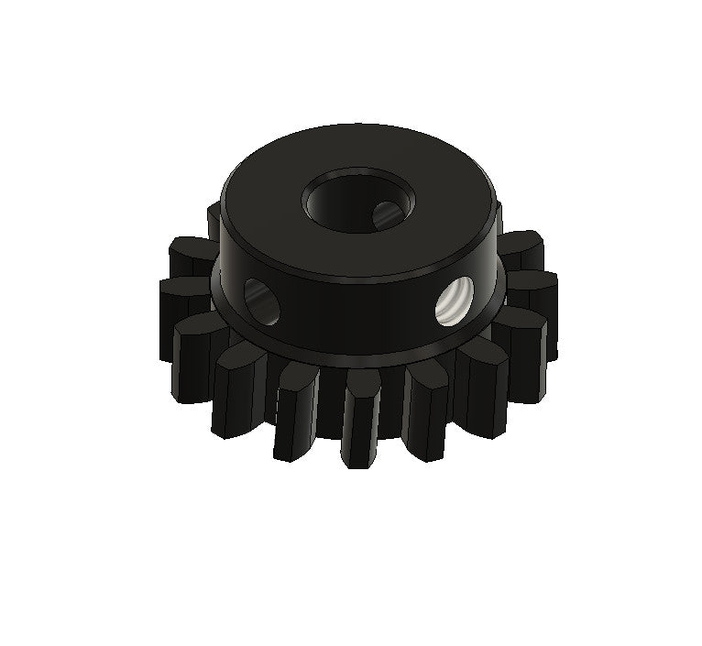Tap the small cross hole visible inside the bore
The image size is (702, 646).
pyautogui.click(x=384, y=214)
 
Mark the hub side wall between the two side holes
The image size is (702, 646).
pyautogui.click(x=357, y=312)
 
